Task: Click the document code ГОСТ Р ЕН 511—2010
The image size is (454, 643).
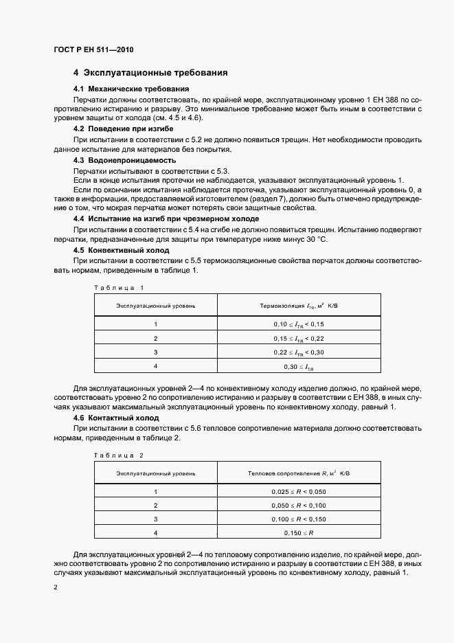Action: (x=93, y=49)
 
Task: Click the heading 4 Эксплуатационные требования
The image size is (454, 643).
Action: (x=150, y=73)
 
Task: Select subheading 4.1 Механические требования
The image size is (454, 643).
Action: (x=131, y=89)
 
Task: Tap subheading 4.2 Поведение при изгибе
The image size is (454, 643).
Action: (x=124, y=128)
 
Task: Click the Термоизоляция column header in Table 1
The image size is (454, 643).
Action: (x=299, y=305)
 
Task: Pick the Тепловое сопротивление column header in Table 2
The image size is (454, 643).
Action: (x=299, y=473)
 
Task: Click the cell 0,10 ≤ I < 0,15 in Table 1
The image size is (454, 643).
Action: (x=299, y=324)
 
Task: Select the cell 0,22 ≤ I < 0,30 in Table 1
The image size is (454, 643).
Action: (x=299, y=352)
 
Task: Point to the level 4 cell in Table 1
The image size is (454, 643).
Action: (x=156, y=366)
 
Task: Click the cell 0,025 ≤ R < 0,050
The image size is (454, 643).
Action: (x=299, y=491)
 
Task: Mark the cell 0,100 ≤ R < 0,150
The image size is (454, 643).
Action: (x=299, y=519)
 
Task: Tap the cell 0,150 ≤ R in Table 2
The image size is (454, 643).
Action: (x=299, y=533)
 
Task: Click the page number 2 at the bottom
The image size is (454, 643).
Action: (x=56, y=588)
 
